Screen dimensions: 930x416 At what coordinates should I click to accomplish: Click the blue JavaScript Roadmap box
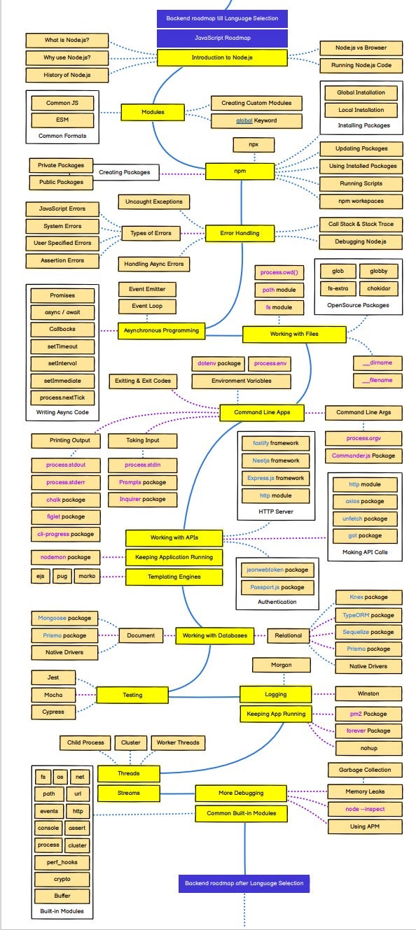(x=222, y=38)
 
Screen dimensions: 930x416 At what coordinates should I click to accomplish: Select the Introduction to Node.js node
(x=222, y=57)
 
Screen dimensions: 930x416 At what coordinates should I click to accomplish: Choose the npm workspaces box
(x=361, y=201)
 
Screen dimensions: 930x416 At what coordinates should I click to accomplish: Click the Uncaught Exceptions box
(x=153, y=202)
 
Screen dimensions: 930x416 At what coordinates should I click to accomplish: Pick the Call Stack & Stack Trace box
(x=361, y=225)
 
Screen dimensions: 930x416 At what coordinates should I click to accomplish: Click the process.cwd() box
(x=279, y=272)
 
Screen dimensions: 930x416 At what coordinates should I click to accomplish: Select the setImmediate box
(x=62, y=381)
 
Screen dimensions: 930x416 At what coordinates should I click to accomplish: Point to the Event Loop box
(x=147, y=307)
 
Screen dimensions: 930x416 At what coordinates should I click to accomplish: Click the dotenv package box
(x=218, y=364)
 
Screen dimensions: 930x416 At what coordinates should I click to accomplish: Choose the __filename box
(x=377, y=380)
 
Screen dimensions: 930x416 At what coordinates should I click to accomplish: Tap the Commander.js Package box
(x=363, y=456)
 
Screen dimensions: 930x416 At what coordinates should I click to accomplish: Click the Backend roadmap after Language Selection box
(x=244, y=883)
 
